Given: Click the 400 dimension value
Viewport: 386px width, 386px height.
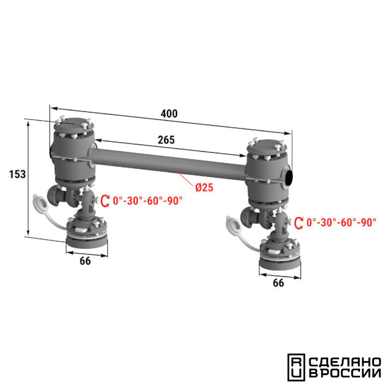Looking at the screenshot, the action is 169,114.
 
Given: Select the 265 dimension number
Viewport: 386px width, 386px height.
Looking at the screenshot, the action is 166,140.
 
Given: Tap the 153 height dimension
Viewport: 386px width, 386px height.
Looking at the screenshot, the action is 18,174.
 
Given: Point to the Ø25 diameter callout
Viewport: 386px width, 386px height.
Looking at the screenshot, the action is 204,187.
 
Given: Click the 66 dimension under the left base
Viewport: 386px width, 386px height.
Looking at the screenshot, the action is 85,261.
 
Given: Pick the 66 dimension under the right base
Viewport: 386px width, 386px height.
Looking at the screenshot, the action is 278,283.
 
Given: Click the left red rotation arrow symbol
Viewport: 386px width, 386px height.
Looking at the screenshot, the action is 105,201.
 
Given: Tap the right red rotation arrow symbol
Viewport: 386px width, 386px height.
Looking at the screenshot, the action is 299,223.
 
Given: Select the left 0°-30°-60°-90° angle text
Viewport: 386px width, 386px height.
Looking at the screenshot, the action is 148,201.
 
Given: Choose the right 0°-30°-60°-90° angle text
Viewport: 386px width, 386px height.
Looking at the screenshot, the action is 341,223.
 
